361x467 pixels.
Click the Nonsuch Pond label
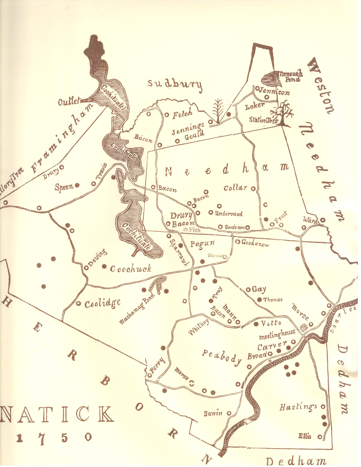(290, 77)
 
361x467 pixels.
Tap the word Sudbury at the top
(175, 85)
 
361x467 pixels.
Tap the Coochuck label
(131, 269)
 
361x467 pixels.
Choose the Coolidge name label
(102, 304)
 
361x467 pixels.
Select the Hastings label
(298, 407)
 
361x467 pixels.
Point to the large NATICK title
(57, 415)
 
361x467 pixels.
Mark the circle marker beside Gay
(248, 290)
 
